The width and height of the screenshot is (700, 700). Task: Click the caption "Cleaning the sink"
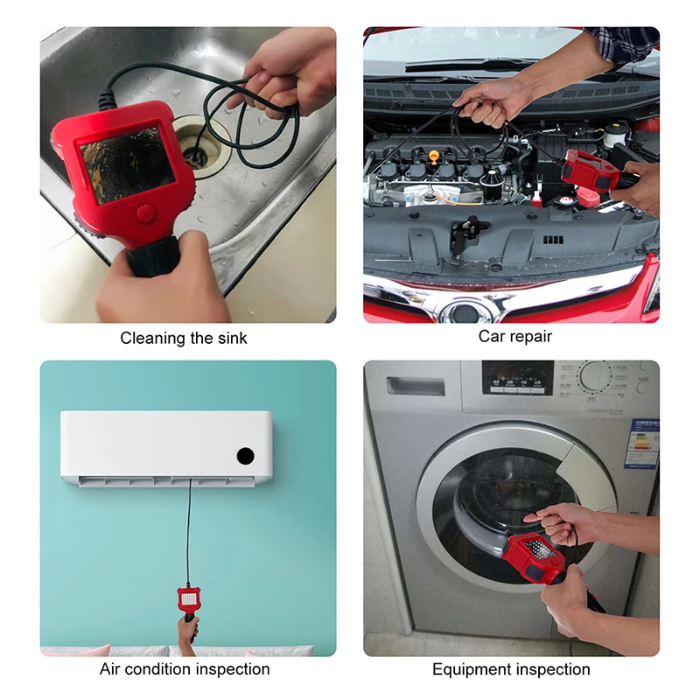pos(184,338)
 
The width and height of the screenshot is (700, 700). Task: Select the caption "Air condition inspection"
pos(184,669)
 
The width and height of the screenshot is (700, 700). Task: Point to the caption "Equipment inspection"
pos(511,669)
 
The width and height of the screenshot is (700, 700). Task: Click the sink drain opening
pos(196,156)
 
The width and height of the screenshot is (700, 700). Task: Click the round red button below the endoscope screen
pos(146,213)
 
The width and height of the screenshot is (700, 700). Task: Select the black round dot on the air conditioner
pos(245,456)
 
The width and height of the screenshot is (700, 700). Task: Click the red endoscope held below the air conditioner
pos(188,600)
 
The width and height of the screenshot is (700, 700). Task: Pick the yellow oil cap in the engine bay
pos(434,156)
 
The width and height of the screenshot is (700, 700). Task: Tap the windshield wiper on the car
pos(464,65)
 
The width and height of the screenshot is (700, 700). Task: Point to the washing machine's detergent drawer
pos(416,386)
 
